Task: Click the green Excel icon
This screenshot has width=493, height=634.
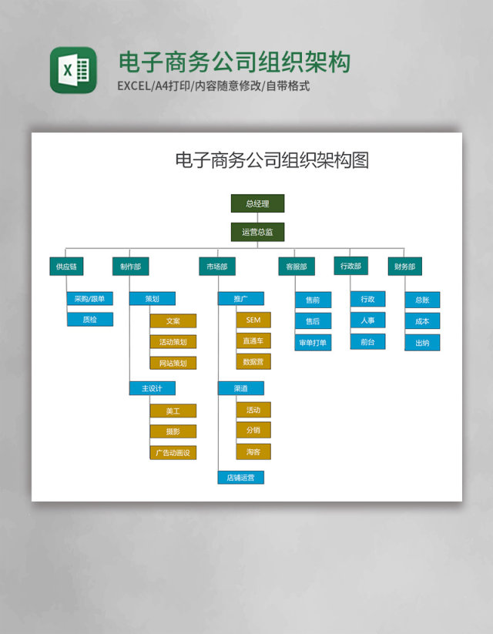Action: pyautogui.click(x=73, y=70)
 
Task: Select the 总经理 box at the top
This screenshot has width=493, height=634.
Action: pyautogui.click(x=257, y=203)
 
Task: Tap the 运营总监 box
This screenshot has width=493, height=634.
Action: pyautogui.click(x=257, y=232)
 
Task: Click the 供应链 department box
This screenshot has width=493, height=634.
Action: pyautogui.click(x=66, y=267)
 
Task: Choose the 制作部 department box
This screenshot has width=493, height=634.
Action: pyautogui.click(x=130, y=267)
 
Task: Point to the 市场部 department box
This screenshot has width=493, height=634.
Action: pyautogui.click(x=216, y=267)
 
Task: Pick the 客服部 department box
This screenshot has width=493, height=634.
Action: pyautogui.click(x=296, y=267)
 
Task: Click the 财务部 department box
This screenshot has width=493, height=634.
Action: pyautogui.click(x=404, y=267)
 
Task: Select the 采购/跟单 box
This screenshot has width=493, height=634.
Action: pyautogui.click(x=89, y=299)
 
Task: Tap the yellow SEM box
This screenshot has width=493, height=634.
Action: pyautogui.click(x=253, y=320)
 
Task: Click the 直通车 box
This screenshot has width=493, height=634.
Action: pyautogui.click(x=253, y=340)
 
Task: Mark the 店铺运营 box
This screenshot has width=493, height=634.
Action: pyautogui.click(x=240, y=478)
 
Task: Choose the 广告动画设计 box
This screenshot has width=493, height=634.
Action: pyautogui.click(x=173, y=452)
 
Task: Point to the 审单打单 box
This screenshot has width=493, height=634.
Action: pyautogui.click(x=313, y=343)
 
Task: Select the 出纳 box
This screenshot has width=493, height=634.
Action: pyautogui.click(x=422, y=343)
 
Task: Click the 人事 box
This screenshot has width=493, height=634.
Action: pyautogui.click(x=367, y=320)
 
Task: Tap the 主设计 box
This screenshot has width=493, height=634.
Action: pyautogui.click(x=152, y=388)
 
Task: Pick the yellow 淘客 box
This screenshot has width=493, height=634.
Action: pyautogui.click(x=253, y=451)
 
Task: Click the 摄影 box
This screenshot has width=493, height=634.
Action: pyautogui.click(x=173, y=431)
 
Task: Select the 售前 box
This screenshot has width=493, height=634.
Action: pyautogui.click(x=313, y=300)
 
